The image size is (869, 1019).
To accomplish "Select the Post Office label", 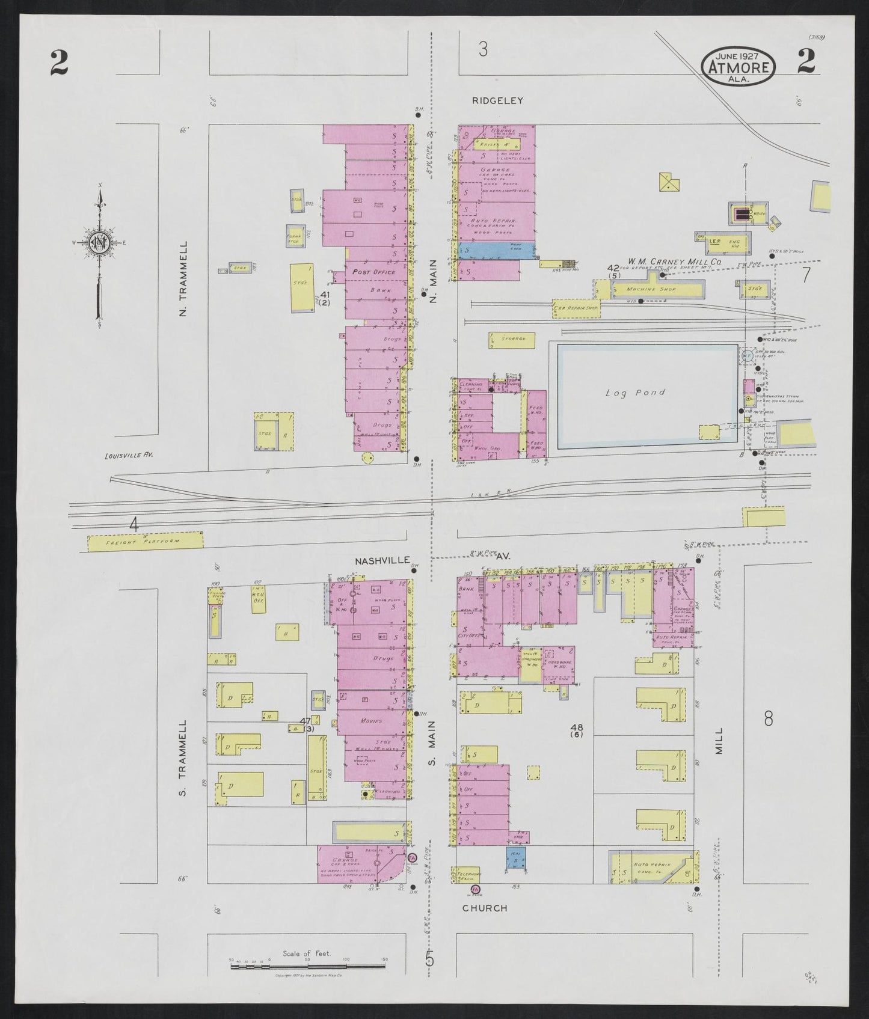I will click(373, 272).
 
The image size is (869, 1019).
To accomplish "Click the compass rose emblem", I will click(99, 243).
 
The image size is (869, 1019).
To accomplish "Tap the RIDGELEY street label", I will click(497, 101).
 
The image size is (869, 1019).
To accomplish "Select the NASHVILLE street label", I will click(381, 560).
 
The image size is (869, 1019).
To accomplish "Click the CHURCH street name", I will click(485, 908).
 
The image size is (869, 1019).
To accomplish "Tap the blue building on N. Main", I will click(497, 251).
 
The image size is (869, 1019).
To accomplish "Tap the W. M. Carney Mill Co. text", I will click(675, 262).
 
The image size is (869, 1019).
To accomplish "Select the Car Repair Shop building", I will click(576, 308).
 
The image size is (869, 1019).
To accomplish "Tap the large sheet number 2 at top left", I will click(59, 63).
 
